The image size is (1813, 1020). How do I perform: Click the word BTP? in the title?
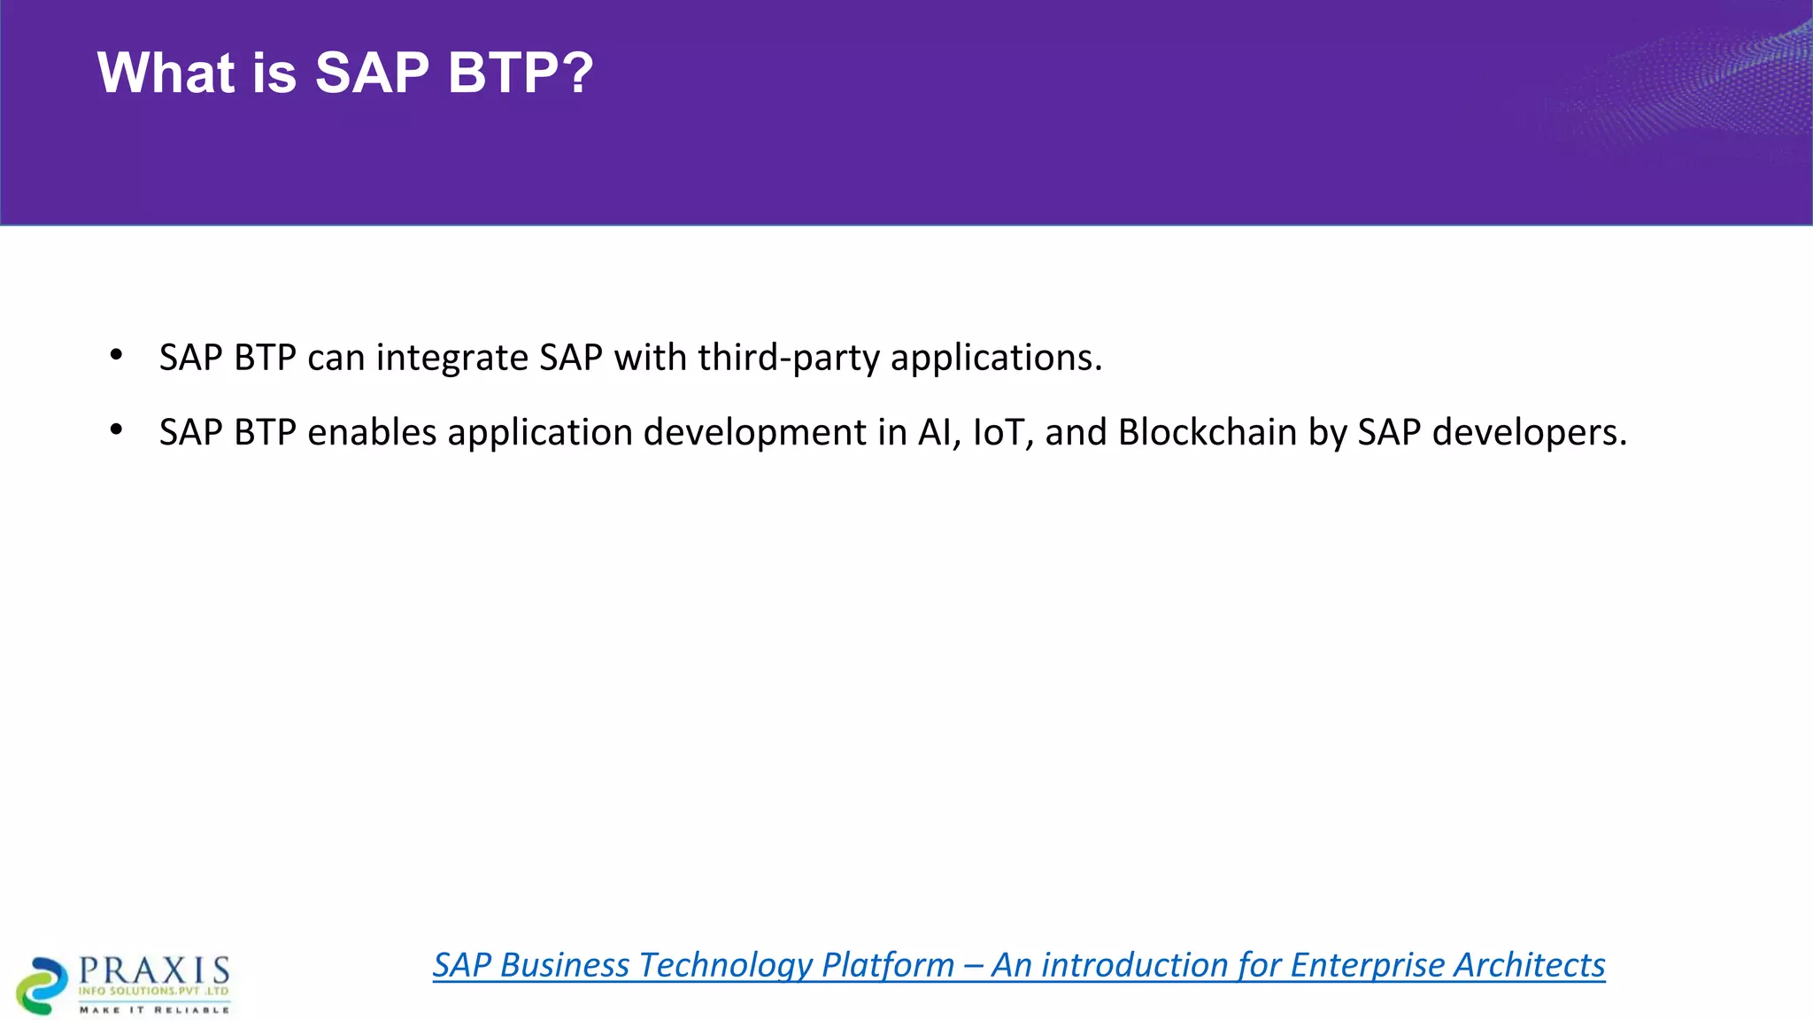tap(521, 73)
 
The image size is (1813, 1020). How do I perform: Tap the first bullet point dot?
tap(116, 356)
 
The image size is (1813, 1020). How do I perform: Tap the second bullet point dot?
tap(116, 430)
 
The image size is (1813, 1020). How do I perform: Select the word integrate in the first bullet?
tap(452, 358)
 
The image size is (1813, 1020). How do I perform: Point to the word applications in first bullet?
tap(995, 358)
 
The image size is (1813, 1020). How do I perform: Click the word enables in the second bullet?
tap(372, 432)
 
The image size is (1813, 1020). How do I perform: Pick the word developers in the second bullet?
tap(1529, 432)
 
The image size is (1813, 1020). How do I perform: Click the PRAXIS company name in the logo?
tap(154, 970)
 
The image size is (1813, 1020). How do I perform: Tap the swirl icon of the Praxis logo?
tap(41, 985)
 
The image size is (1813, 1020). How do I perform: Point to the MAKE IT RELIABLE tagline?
tap(154, 1009)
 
